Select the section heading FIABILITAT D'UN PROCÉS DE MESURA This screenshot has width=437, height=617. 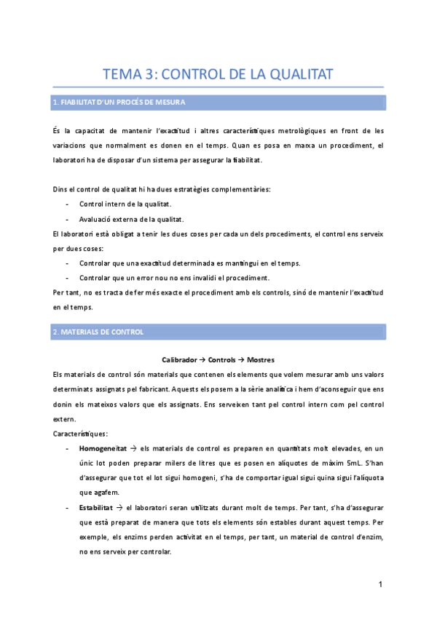(119, 103)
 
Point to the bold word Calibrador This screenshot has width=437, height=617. (178, 359)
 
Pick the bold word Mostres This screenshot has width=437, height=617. (261, 359)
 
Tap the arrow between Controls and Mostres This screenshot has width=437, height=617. (240, 359)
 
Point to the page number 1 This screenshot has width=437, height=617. (380, 585)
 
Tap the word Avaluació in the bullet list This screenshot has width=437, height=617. (96, 218)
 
